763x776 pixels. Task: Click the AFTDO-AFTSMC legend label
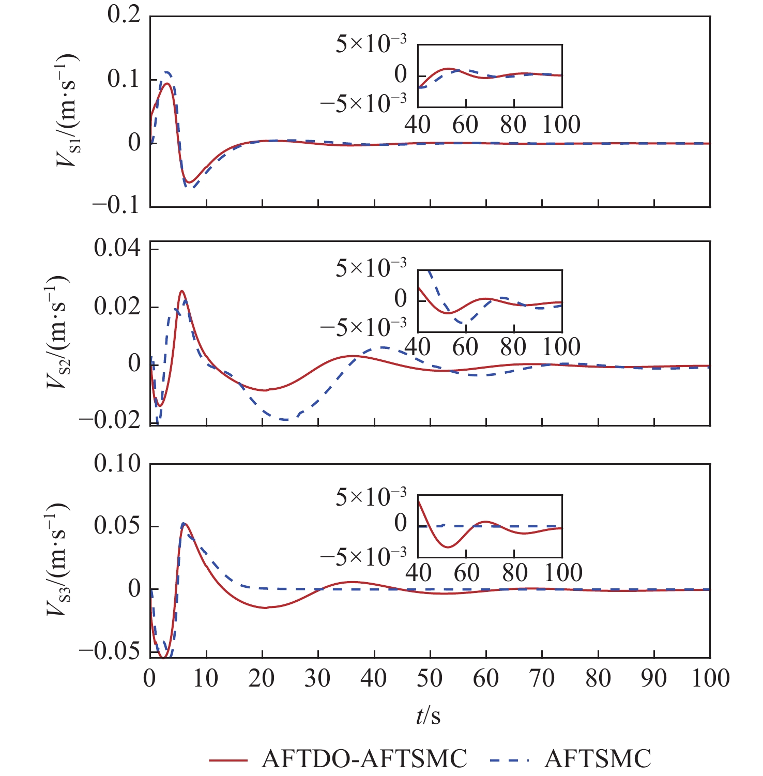(x=364, y=758)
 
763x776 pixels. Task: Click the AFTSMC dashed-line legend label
(x=598, y=758)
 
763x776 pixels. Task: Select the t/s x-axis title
(x=429, y=716)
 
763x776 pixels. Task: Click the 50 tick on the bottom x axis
(x=429, y=678)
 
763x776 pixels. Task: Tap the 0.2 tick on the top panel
(x=124, y=14)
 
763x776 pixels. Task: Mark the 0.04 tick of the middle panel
(x=117, y=249)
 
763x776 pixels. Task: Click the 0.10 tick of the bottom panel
(x=117, y=463)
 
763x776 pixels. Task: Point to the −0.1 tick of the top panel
(x=117, y=205)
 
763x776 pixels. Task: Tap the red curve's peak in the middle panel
(x=181, y=291)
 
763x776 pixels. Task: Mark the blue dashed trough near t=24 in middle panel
(x=285, y=419)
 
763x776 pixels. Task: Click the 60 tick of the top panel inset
(x=465, y=125)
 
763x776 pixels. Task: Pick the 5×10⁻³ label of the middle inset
(x=371, y=268)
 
